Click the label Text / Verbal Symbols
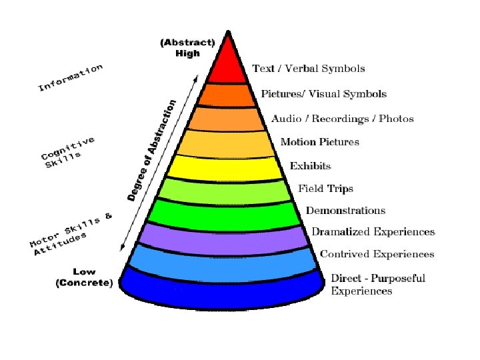(x=309, y=69)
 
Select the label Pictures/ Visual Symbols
(x=323, y=94)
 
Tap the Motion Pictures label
(x=320, y=142)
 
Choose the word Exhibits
(x=310, y=166)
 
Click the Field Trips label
(x=325, y=189)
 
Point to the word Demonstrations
(x=345, y=211)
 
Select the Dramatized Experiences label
(x=373, y=232)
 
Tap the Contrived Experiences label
(x=377, y=254)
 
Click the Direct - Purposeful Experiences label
(x=378, y=284)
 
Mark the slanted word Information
(x=70, y=77)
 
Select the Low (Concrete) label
(x=84, y=278)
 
